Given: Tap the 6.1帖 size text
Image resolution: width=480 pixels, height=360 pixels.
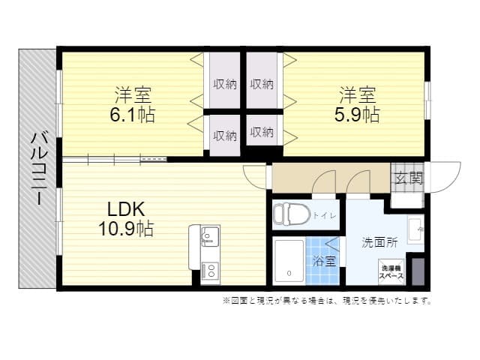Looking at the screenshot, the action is click(x=133, y=115).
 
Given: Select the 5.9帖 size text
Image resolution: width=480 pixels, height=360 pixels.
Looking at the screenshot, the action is click(x=357, y=115).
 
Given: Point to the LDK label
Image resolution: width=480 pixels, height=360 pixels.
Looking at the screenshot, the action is click(x=126, y=210).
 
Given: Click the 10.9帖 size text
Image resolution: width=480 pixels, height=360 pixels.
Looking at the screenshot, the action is click(x=126, y=228).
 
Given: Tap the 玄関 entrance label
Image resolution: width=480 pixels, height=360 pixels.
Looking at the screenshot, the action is click(x=409, y=178).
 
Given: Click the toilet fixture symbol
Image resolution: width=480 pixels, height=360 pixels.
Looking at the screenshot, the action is click(x=292, y=214).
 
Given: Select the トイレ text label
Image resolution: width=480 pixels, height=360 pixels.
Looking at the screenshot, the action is click(x=325, y=215).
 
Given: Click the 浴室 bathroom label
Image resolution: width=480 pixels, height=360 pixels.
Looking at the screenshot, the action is click(x=325, y=261).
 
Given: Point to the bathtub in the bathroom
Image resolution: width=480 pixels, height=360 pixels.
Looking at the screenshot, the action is click(x=289, y=262).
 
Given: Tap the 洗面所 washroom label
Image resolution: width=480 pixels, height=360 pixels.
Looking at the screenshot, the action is click(x=380, y=242).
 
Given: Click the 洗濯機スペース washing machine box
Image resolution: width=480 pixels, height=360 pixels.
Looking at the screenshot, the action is click(x=391, y=272).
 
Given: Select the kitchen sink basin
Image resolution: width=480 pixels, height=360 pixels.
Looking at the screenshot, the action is click(x=210, y=237).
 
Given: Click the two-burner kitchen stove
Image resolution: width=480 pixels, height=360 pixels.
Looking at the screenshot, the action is click(x=210, y=271).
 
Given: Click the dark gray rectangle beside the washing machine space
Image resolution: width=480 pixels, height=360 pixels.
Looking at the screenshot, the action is click(x=418, y=271).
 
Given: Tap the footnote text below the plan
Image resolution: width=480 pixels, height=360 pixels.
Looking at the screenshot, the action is click(x=327, y=301).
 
